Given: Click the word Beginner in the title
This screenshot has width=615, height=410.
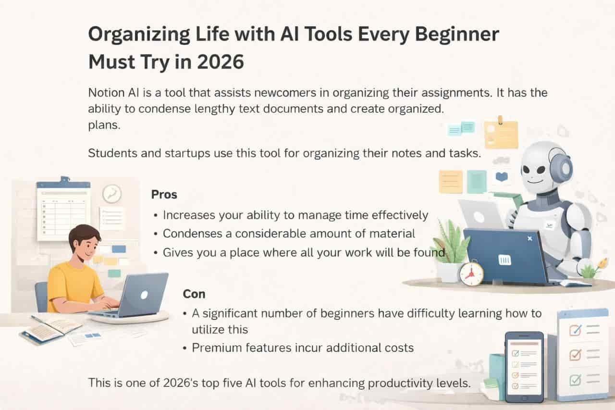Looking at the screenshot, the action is point(457,35).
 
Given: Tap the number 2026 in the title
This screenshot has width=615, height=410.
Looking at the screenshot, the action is point(221,62).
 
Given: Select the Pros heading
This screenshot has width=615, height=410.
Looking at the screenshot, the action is point(164,195).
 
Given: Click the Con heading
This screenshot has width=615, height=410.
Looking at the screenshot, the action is point(194,294).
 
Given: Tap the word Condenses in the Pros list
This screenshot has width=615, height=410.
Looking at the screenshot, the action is point(193,234).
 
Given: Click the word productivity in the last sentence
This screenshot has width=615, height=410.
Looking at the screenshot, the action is point(400,383).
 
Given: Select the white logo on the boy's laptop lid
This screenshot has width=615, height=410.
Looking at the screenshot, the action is point(144,295).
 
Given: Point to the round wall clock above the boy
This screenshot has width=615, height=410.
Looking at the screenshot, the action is point(112,194).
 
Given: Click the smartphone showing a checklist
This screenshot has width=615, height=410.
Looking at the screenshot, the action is point(524,367).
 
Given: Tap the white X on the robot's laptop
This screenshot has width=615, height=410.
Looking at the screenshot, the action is point(530,238).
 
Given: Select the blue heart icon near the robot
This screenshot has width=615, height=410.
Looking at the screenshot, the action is point(502,176).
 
